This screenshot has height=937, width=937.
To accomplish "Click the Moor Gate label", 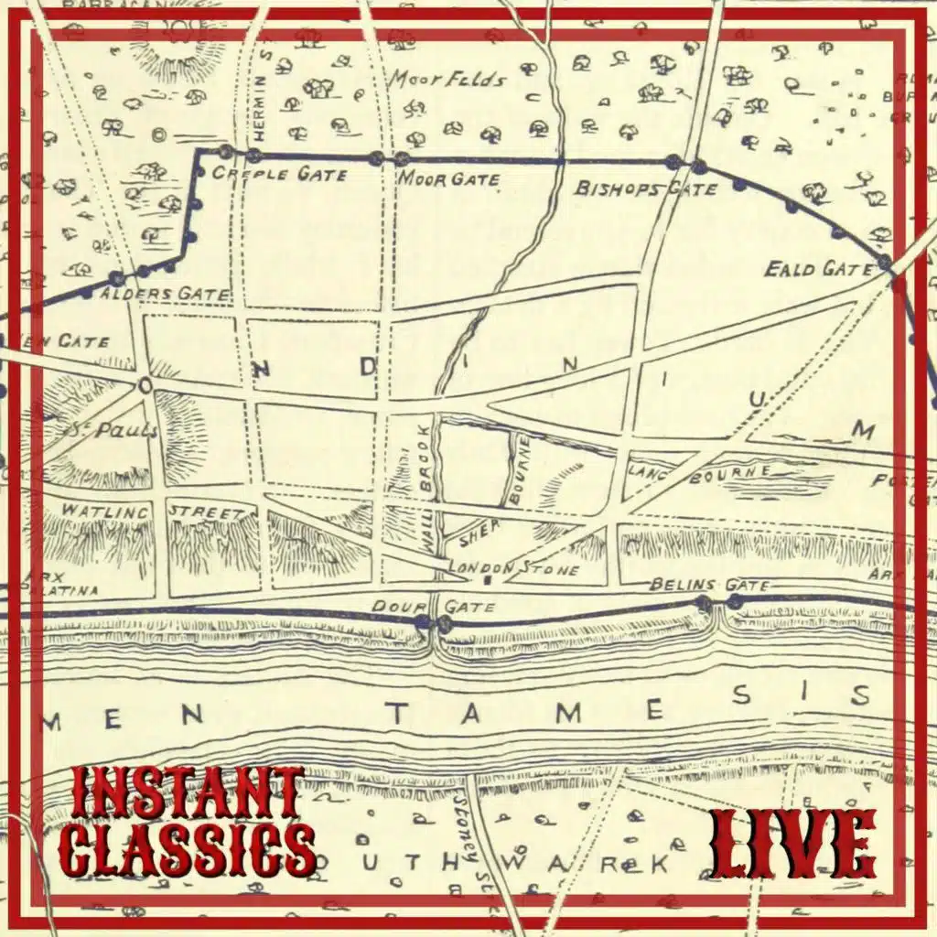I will pos(449,178).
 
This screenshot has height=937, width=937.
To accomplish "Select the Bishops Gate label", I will pos(646,189).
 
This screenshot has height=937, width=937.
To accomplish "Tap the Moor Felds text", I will pos(448,80).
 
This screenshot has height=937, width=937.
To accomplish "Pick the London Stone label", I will pos(513,568).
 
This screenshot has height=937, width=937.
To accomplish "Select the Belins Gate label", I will pos(709,585).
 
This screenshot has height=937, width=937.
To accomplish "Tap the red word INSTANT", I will pos(187,792).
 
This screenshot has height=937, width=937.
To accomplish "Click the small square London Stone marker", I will pos(488,580).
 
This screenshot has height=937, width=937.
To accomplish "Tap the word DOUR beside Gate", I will pos(393,607).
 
